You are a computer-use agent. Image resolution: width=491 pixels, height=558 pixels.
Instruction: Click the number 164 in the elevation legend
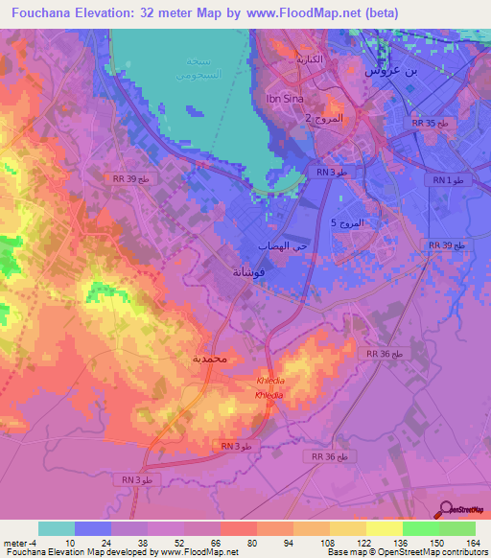pos(474,542)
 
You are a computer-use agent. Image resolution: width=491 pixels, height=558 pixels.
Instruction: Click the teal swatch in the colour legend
pos(57,528)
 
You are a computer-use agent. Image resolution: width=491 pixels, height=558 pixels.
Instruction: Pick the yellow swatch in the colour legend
pos(384,528)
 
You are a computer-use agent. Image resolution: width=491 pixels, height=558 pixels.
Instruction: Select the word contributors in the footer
pos(461,553)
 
